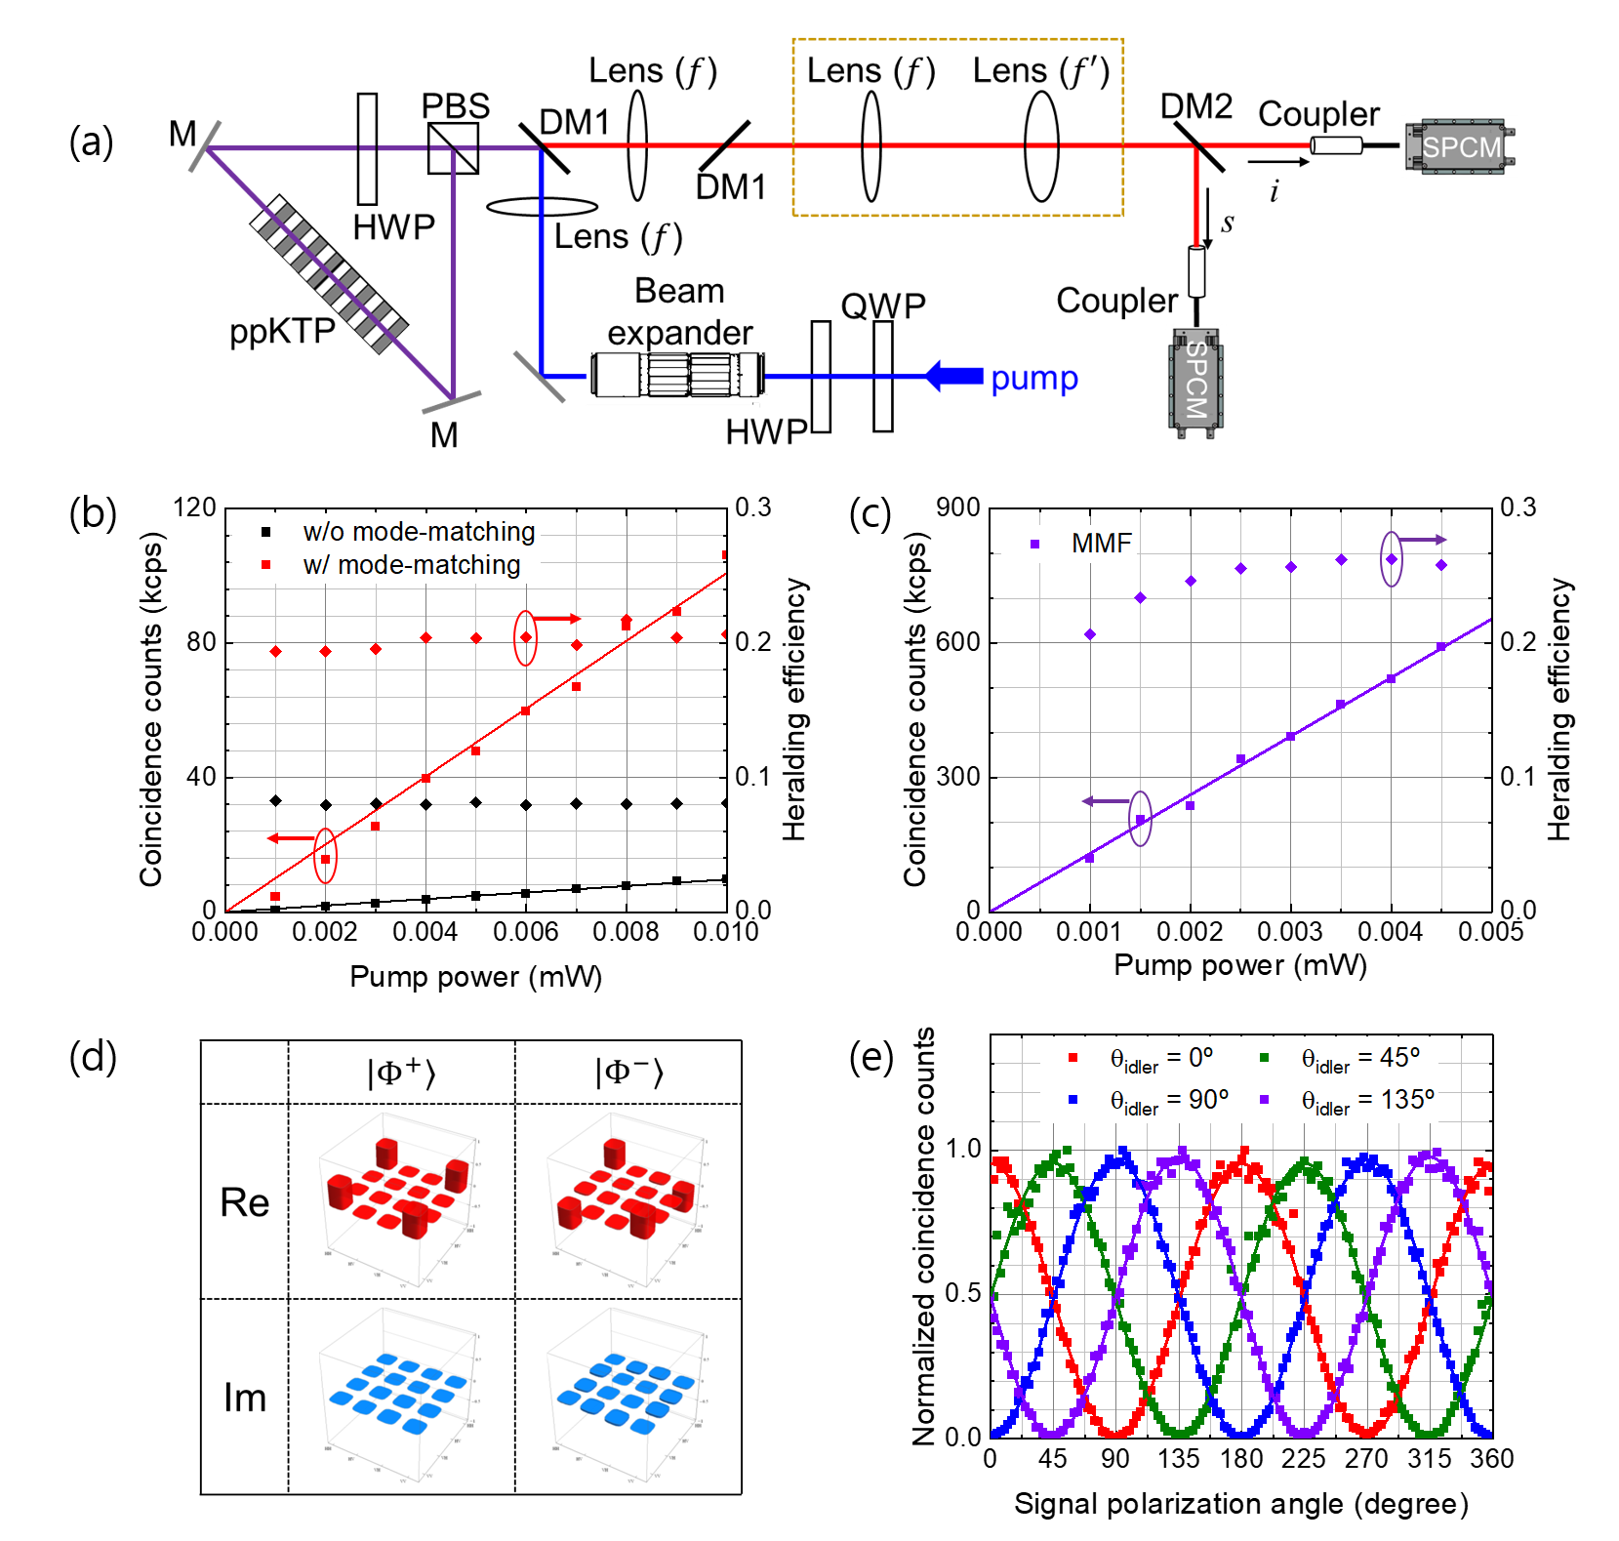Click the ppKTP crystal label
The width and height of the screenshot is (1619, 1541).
point(282,332)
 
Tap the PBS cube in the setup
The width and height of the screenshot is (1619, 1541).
point(453,148)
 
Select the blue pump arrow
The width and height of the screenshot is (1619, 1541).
point(953,376)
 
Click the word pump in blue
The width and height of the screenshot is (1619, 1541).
point(1034,378)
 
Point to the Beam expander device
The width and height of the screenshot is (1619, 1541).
point(678,375)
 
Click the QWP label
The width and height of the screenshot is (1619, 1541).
point(882,305)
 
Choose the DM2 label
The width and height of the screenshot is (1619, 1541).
point(1196,105)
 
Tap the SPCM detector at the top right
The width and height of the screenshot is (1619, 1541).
point(1460,147)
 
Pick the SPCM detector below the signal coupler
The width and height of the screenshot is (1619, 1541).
point(1196,382)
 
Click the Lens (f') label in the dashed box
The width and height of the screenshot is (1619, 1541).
point(1041,70)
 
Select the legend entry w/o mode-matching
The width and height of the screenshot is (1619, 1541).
point(419,532)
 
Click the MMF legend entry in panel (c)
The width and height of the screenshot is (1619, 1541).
point(1101,543)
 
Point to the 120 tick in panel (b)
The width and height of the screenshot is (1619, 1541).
point(194,507)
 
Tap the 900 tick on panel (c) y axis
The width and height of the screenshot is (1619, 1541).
point(957,507)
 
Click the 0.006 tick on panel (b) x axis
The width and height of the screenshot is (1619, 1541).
point(525,932)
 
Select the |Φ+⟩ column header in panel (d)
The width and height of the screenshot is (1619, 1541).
point(401,1073)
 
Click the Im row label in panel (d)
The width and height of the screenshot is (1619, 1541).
point(244,1398)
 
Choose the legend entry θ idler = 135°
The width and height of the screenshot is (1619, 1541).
point(1367,1101)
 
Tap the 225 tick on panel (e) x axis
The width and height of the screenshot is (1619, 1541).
point(1303,1458)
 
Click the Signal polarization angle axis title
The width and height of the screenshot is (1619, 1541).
point(1240,1504)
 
